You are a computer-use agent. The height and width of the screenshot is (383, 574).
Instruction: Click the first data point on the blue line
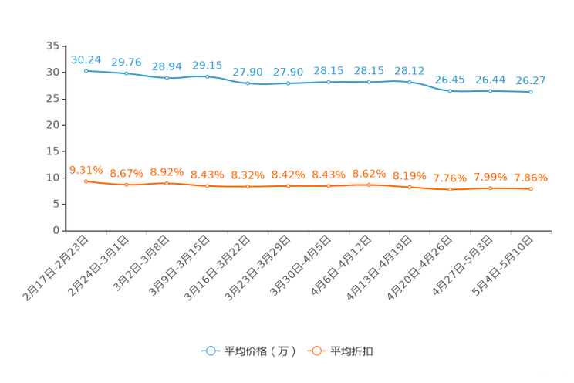86,70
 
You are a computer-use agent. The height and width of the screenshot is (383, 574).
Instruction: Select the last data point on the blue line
531,91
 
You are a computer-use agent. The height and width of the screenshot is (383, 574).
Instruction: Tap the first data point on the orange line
86,180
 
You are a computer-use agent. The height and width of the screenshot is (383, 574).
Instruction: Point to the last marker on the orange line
531,188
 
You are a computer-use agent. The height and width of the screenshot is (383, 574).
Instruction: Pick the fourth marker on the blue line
207,76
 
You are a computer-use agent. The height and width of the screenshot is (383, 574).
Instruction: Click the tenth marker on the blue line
450,90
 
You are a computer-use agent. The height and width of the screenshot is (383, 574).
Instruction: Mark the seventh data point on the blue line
329,81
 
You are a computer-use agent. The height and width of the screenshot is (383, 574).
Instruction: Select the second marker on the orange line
126,185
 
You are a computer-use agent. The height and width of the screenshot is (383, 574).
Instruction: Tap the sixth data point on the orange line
288,185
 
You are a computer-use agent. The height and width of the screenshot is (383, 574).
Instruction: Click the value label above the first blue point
86,59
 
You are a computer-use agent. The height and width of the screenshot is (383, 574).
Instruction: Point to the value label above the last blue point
531,80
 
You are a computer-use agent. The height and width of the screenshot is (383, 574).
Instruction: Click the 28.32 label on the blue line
409,70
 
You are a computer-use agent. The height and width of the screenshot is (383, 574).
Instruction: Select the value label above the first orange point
86,168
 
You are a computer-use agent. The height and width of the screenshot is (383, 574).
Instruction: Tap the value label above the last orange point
531,177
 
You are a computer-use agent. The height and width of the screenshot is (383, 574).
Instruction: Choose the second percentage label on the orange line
126,173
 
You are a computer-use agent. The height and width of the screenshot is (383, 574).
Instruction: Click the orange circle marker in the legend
316,351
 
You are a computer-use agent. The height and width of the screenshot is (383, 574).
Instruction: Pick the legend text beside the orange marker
352,351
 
